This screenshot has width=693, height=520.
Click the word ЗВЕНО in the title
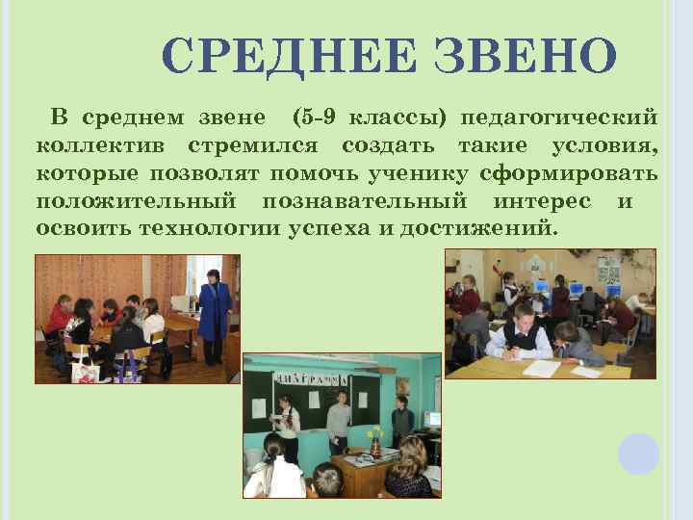[x=525, y=57]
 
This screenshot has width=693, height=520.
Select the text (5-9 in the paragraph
[x=313, y=118]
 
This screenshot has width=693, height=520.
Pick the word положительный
[x=136, y=202]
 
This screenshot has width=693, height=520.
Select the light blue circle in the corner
[x=638, y=454]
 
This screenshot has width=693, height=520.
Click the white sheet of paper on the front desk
[x=540, y=368]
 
